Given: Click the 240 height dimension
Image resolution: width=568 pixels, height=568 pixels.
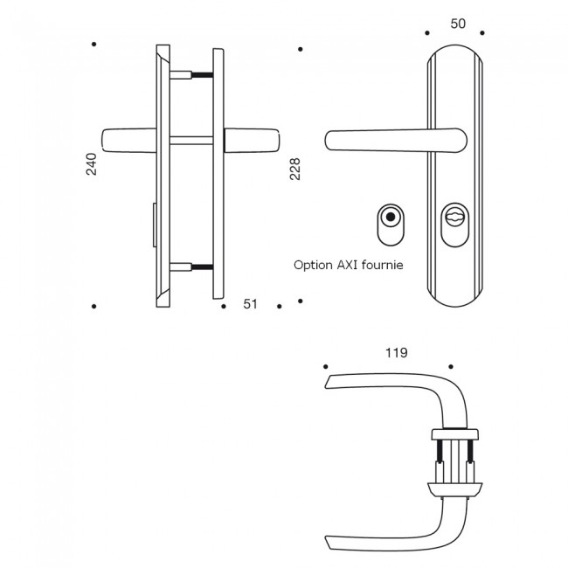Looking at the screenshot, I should [92, 164].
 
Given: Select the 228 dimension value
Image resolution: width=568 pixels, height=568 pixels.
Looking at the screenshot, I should [294, 170].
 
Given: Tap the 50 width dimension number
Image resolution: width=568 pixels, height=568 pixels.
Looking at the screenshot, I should [456, 24].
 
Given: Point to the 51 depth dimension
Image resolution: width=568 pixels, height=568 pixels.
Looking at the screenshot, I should [250, 304].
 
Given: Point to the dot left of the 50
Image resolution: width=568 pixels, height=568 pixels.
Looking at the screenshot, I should [426, 33].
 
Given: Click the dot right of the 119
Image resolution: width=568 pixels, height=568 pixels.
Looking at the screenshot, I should [451, 366].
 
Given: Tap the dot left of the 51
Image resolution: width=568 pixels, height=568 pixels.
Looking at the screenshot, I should [220, 306].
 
